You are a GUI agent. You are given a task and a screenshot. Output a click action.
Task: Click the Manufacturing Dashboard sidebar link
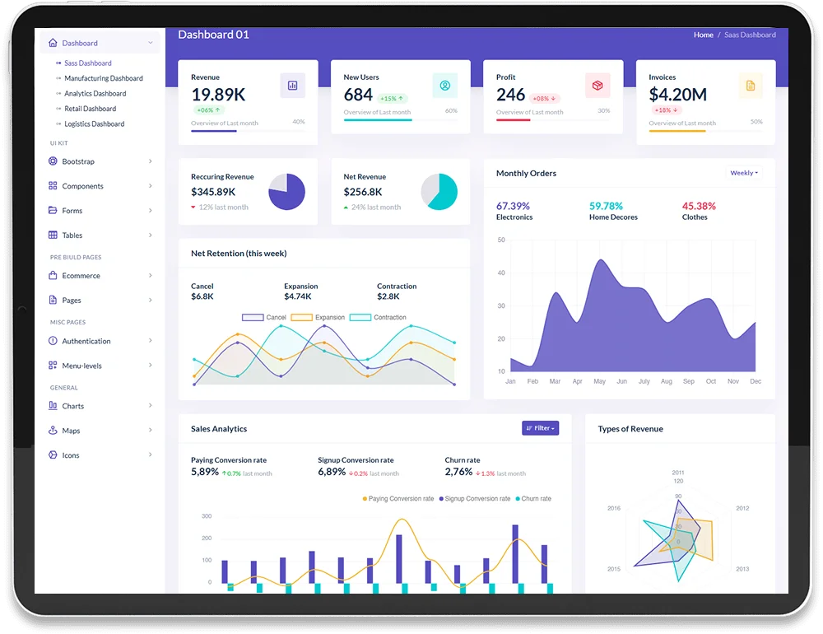tap(104, 78)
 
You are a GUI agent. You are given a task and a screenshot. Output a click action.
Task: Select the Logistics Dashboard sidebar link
tap(95, 124)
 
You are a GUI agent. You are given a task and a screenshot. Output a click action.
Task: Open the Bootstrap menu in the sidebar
tap(78, 161)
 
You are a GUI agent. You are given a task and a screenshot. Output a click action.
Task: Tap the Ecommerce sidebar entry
tap(81, 276)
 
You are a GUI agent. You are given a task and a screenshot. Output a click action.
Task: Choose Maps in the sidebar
tap(71, 431)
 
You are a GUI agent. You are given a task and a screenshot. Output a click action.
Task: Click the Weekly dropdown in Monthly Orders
tap(744, 173)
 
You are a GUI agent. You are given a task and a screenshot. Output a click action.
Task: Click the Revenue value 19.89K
tap(218, 95)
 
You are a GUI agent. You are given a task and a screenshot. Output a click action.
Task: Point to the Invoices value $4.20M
tap(677, 95)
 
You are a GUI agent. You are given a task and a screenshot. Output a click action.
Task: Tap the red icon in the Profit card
tap(597, 85)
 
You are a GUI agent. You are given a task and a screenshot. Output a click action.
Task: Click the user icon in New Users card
tap(445, 85)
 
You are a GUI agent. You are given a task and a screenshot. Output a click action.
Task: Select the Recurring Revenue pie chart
tap(286, 192)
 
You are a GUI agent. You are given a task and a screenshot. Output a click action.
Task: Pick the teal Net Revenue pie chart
tap(439, 192)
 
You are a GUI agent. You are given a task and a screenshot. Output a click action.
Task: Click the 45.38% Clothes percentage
tap(699, 206)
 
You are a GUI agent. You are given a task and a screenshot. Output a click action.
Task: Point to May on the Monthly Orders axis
tap(599, 381)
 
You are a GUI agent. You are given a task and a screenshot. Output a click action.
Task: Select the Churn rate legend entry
tap(533, 498)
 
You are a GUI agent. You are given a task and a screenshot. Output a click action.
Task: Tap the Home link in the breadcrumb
tap(703, 35)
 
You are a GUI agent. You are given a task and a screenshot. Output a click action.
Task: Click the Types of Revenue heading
tap(630, 429)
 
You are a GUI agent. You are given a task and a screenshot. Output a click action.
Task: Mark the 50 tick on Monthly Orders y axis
tap(501, 240)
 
